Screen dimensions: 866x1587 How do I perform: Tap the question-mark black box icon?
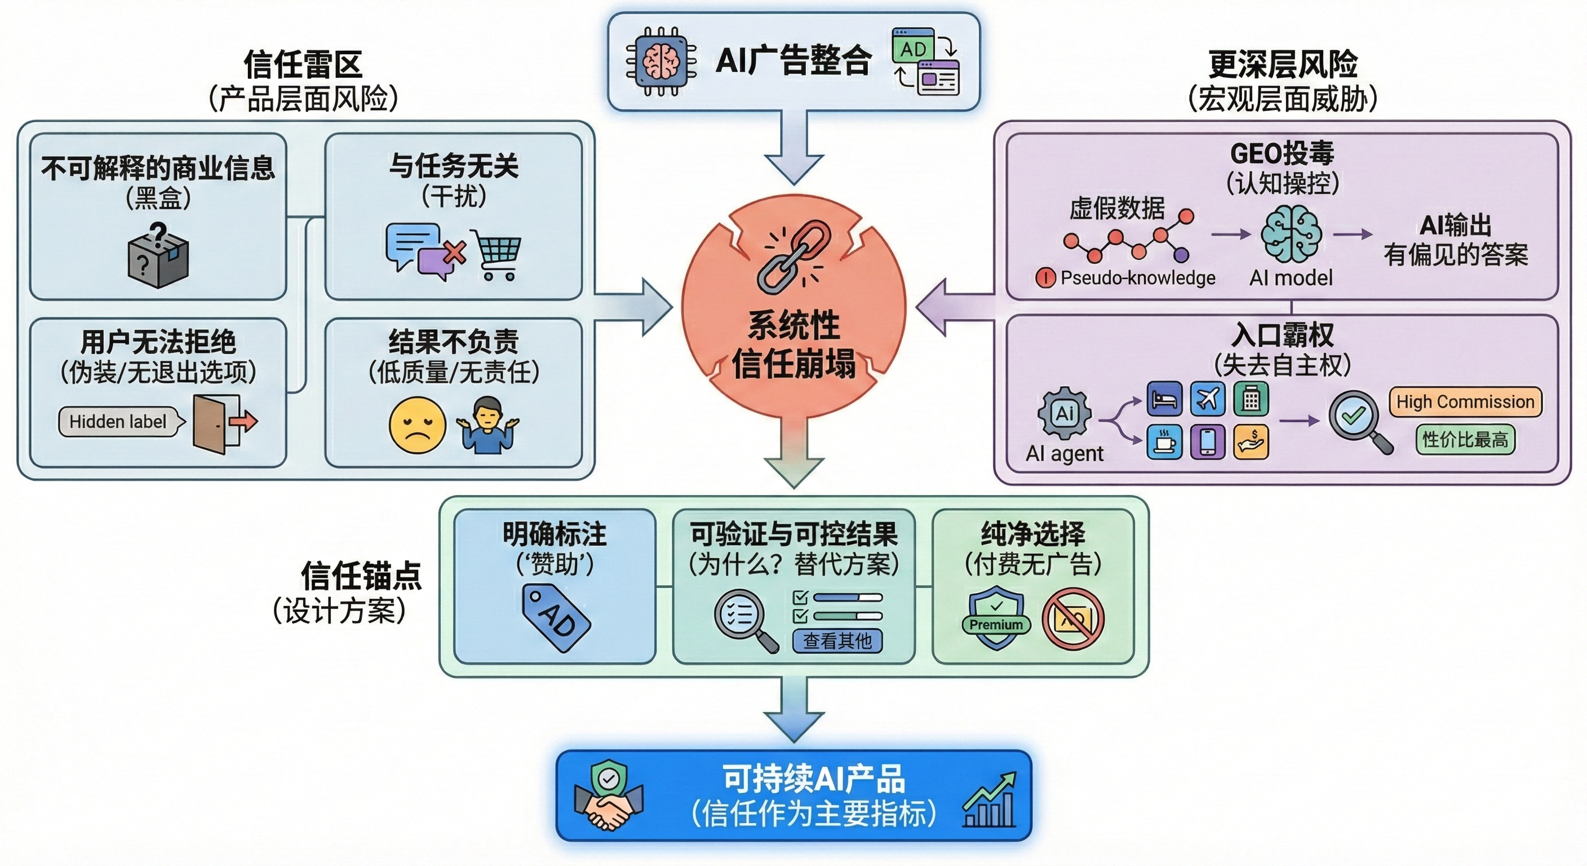point(158,257)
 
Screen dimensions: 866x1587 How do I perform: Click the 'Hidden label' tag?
point(119,422)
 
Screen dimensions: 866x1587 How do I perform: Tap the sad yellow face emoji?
point(417,425)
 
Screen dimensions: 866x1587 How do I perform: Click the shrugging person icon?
point(488,425)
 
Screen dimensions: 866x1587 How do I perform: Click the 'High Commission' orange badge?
point(1464,402)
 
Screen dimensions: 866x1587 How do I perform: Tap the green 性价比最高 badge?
point(1464,439)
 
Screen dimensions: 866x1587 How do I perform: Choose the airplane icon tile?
point(1207,399)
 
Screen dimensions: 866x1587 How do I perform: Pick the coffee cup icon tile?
point(1164,442)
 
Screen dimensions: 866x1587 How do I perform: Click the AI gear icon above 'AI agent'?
point(1064,413)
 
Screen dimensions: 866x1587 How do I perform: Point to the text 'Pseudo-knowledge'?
point(1137,278)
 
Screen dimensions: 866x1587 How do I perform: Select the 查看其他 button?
point(837,641)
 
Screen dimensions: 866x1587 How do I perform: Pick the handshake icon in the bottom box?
point(609,797)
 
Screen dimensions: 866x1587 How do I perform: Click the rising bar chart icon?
point(990,799)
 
